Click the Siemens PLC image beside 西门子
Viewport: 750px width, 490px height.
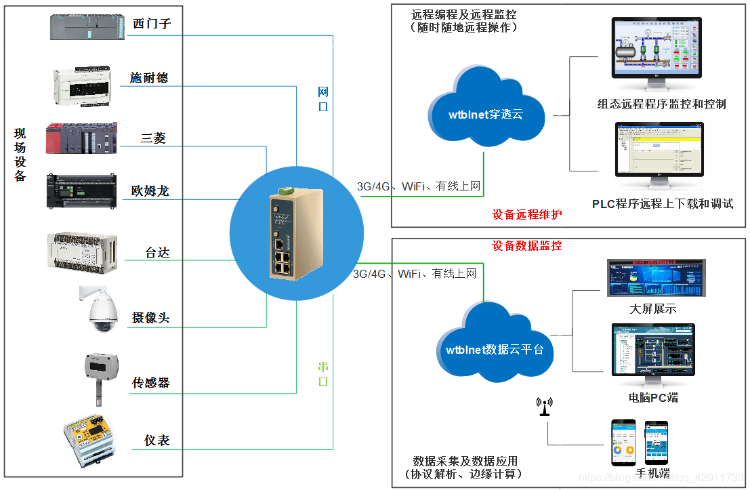coord(87,27)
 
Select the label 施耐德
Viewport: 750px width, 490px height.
coord(149,78)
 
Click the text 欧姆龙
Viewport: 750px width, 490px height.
coord(150,191)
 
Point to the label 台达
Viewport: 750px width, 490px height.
coord(157,253)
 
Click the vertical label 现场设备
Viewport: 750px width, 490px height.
coord(20,155)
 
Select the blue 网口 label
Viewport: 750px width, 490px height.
coord(323,99)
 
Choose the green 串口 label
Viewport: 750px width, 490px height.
coord(323,374)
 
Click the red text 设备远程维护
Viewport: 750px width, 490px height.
coord(527,215)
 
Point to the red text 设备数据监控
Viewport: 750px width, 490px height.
coord(527,245)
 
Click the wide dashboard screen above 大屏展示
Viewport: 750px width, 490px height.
coord(655,278)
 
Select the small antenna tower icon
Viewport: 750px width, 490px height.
coord(543,407)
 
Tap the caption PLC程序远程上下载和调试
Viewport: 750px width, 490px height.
coord(663,203)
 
